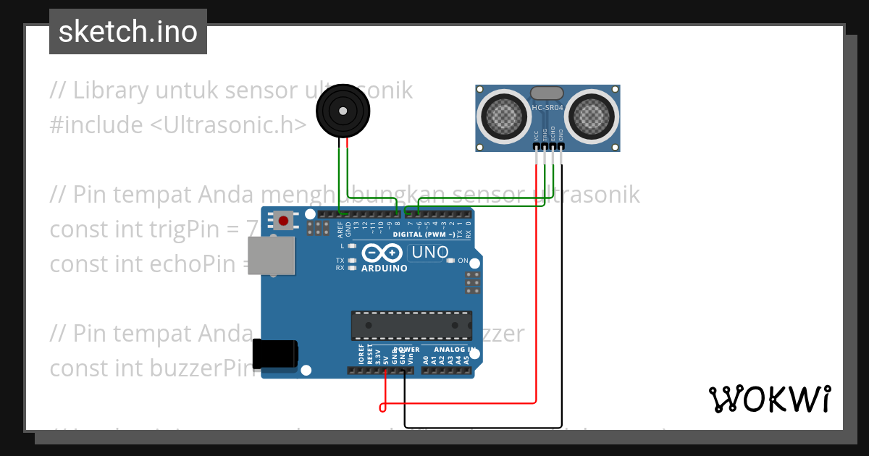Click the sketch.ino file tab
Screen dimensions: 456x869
pos(128,32)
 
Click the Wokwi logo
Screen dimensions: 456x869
pos(769,399)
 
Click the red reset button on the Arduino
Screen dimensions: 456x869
pos(283,220)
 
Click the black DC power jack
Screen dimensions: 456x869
pos(274,355)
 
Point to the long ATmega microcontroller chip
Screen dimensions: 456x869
pos(411,325)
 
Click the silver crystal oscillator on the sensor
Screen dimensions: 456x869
pos(547,93)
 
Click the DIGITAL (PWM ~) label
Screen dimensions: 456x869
pos(424,235)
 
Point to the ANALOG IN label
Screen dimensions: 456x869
pos(453,350)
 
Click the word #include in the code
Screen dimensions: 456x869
pos(96,125)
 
